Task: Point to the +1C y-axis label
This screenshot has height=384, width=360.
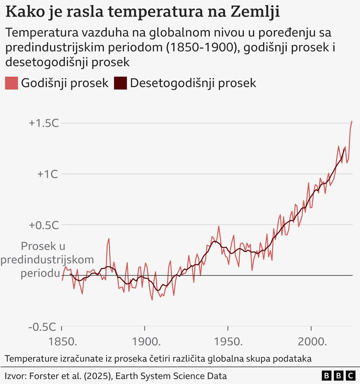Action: [x=48, y=174]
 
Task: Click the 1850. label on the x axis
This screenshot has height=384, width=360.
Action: [x=62, y=342]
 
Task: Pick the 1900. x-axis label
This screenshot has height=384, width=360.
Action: [x=144, y=342]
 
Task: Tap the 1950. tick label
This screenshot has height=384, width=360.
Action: [x=228, y=342]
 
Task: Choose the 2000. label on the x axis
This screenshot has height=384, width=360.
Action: [x=311, y=342]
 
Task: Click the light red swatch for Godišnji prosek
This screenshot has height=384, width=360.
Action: [x=11, y=83]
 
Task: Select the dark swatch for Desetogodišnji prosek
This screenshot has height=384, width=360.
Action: [x=120, y=83]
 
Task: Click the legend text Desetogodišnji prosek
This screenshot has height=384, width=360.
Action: [x=193, y=83]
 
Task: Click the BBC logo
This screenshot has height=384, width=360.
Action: [x=338, y=376]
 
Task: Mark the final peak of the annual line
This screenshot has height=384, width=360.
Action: [x=352, y=121]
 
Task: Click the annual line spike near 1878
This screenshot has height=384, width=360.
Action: [x=109, y=239]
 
